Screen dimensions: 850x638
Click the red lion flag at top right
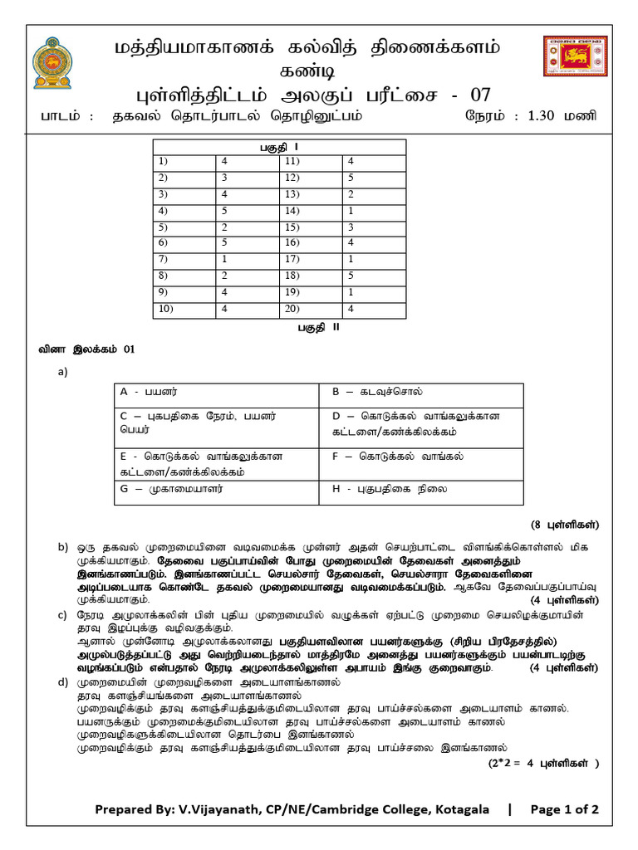(573, 64)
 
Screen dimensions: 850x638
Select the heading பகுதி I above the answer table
(279, 147)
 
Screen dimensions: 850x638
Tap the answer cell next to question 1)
(247, 161)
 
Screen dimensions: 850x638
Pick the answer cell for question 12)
(374, 178)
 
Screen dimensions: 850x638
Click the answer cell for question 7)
(247, 259)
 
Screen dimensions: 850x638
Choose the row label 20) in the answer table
(310, 309)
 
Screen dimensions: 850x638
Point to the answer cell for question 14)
(374, 210)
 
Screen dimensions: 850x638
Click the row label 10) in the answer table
(184, 309)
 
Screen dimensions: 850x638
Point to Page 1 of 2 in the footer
(564, 809)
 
